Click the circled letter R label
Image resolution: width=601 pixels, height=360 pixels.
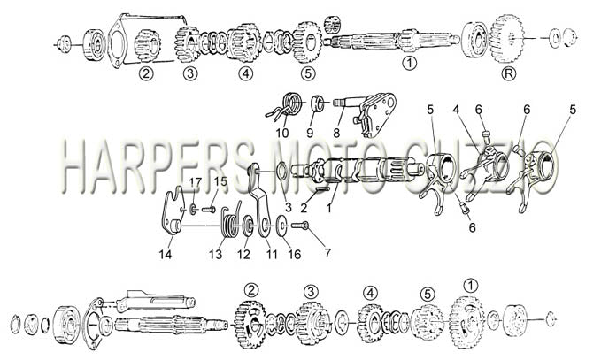point(509,73)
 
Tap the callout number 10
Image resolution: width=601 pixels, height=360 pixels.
point(282,133)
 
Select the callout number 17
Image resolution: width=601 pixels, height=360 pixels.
point(195,183)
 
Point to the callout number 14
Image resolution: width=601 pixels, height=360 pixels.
point(166,254)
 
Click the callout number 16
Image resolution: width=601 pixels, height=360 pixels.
point(295,254)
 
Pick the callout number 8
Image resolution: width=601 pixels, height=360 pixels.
point(336,133)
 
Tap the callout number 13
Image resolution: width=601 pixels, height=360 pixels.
point(216,254)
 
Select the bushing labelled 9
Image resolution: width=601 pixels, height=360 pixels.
point(317,103)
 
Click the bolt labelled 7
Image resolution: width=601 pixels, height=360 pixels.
point(300,226)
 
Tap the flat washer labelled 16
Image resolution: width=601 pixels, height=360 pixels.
point(283,226)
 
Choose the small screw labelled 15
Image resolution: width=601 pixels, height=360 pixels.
point(209,210)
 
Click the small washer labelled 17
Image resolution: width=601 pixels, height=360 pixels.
point(193,209)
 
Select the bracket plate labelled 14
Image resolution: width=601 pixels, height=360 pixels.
point(172,211)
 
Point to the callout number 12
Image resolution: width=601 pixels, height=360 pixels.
point(243,254)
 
